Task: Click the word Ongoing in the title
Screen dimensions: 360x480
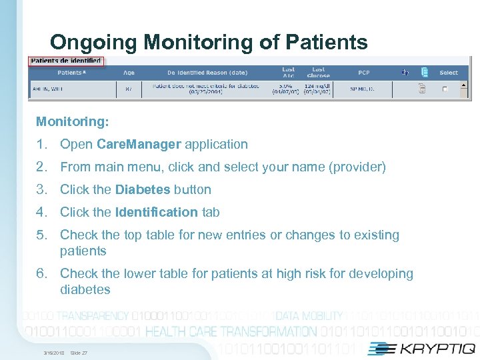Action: tap(94, 43)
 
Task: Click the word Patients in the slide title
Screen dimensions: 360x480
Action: tap(326, 43)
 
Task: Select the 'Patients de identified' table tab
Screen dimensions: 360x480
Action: tap(66, 61)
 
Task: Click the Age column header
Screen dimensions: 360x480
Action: tap(129, 73)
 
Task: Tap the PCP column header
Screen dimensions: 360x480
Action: tap(364, 73)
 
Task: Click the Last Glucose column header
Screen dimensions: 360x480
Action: tap(318, 72)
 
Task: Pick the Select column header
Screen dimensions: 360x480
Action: tap(449, 73)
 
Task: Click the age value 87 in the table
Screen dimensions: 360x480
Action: tap(129, 87)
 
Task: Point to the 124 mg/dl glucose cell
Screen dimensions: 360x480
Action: tap(318, 86)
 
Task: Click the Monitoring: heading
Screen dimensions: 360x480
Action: tap(72, 121)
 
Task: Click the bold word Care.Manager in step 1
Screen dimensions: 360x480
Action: tap(139, 144)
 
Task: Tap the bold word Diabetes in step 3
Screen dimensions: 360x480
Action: tap(142, 189)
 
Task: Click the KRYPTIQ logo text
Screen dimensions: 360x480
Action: tap(433, 348)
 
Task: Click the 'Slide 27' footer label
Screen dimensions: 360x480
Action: tap(79, 353)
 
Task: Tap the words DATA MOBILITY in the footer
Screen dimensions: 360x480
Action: tap(309, 316)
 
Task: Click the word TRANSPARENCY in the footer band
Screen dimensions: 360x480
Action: tap(93, 316)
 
